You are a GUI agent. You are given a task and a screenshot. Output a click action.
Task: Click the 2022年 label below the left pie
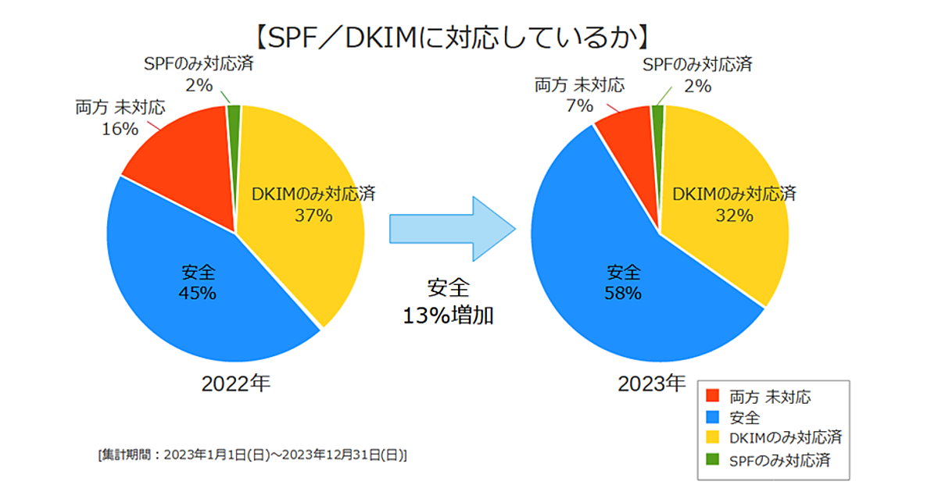tap(235, 383)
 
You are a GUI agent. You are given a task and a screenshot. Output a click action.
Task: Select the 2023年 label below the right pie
tap(651, 383)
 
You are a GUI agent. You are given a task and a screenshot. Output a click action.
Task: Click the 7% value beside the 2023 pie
tap(579, 105)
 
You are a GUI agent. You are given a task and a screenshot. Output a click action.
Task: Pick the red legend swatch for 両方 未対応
tap(712, 397)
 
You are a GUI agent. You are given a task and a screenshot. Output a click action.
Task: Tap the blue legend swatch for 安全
tap(712, 418)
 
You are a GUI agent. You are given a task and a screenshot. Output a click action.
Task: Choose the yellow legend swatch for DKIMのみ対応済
tap(712, 439)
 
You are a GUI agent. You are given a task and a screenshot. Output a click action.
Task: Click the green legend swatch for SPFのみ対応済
tap(712, 461)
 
